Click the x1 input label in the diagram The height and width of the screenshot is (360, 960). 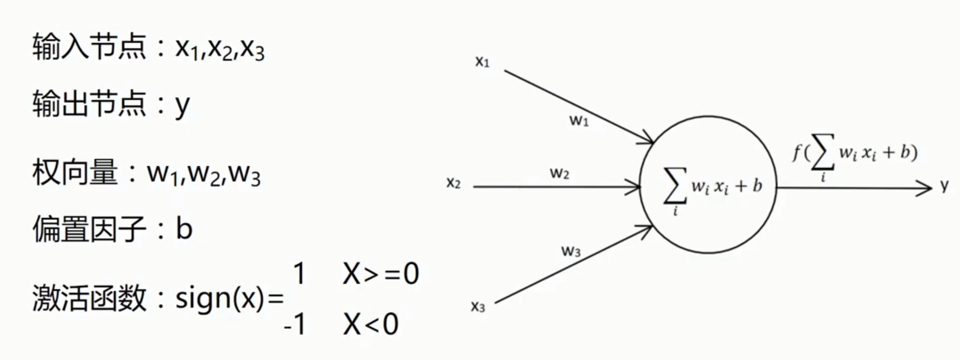pos(482,62)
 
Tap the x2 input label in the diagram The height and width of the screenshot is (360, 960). pos(453,183)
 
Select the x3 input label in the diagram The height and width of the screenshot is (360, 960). pos(478,306)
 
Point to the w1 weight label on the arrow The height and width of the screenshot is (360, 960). pos(579,121)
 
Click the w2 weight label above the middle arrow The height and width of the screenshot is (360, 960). pos(559,173)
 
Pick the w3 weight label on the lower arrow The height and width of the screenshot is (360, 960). pos(570,251)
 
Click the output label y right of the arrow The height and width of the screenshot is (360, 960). pos(945,187)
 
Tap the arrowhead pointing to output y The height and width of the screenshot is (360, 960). pos(925,189)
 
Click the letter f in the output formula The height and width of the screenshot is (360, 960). pos(797,153)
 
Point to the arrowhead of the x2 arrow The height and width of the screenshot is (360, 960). pos(634,187)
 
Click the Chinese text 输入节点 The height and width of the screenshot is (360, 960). pos(89,46)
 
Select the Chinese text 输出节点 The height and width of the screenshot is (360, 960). pos(89,104)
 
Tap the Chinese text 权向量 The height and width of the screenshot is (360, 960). pos(75,173)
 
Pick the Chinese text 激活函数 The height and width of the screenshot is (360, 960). pos(89,298)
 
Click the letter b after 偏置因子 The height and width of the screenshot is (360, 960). pos(184,228)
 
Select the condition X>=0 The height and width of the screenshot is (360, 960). pos(381,274)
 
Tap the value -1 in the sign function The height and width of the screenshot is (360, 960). pos(295,325)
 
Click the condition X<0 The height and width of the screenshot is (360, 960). pos(370,325)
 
